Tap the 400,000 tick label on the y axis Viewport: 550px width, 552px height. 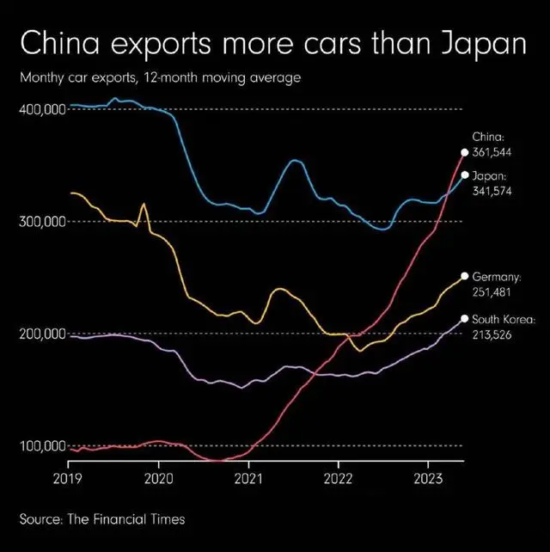43,110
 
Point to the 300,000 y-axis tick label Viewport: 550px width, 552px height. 43,222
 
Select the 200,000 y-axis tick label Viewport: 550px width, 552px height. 43,334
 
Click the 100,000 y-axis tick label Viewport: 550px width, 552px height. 43,446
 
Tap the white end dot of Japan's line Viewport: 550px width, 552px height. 465,175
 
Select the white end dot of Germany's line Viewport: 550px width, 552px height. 465,276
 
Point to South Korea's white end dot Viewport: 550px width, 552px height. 465,318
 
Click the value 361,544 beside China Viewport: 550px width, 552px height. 492,151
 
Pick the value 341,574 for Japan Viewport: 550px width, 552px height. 492,191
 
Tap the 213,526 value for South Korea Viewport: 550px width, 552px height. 492,334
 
